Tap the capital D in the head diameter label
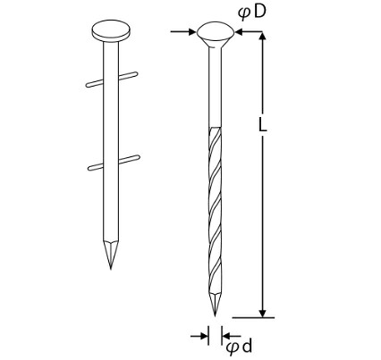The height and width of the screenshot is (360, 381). coord(259,12)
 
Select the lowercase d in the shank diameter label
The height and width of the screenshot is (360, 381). coord(247,347)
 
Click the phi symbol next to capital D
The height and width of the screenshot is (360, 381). coord(244,13)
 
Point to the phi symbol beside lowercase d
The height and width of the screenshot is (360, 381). coord(233,348)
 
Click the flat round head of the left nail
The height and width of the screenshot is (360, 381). coord(111,31)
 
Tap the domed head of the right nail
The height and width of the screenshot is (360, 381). coord(216,32)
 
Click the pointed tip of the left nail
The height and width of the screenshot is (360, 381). coord(111,269)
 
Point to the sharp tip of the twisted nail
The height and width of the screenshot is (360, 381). coord(215,316)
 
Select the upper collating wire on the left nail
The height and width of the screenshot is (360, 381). coord(112,80)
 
